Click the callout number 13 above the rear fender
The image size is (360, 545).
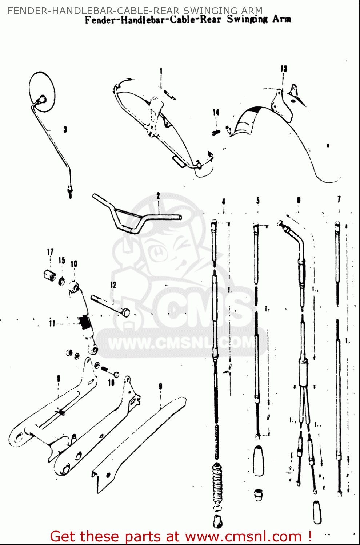coord(284,69)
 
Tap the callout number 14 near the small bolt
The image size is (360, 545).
coord(216,112)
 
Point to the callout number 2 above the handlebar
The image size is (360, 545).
coord(158,196)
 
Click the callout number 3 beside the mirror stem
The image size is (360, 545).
coord(65,129)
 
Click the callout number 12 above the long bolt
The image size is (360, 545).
coord(113,285)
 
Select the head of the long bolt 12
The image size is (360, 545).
coord(125,312)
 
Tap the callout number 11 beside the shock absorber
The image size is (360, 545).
coord(52,323)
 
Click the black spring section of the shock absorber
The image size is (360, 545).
coord(85,322)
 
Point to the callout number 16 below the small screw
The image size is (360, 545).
coord(111,382)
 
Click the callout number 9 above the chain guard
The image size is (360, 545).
coord(160,386)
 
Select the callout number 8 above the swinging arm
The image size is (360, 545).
coord(59,379)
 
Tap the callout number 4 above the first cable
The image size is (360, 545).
coord(224,201)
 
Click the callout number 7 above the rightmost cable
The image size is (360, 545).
coord(339,199)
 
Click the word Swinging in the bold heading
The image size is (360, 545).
coord(247,19)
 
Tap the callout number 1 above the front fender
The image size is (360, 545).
coord(161,71)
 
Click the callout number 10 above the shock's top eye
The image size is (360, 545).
coord(74,264)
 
